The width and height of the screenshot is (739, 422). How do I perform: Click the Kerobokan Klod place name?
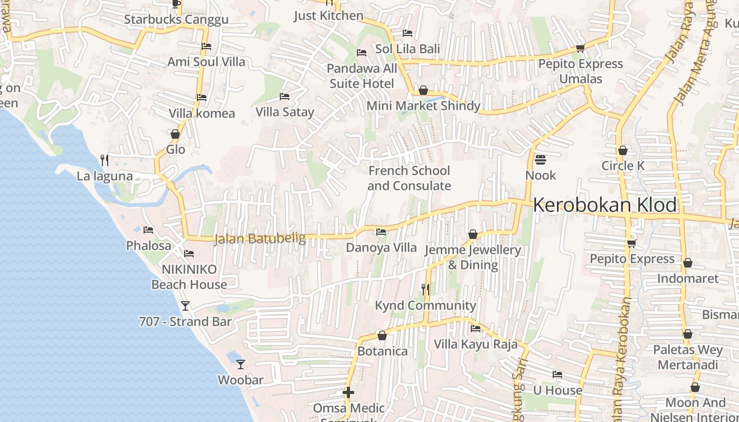(604, 205)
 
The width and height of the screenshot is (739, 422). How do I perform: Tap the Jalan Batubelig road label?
(260, 238)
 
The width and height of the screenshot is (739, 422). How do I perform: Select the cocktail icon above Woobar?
(241, 364)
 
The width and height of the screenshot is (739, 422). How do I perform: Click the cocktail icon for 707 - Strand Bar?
(185, 305)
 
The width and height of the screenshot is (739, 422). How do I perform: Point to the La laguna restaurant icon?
(105, 159)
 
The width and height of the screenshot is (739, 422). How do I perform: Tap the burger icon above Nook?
(541, 159)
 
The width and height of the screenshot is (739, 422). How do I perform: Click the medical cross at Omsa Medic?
(348, 392)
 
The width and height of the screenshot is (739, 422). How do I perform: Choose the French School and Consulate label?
(409, 178)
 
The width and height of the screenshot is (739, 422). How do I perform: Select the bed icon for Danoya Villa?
(381, 232)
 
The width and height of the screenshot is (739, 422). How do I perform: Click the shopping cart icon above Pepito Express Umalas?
(580, 49)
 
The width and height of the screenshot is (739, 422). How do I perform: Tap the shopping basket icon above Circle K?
(623, 150)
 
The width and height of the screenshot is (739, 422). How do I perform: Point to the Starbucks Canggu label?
(176, 20)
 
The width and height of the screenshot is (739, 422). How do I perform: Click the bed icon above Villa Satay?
(285, 97)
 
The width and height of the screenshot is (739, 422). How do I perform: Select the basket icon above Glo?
(175, 135)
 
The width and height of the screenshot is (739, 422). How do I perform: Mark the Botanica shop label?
(383, 351)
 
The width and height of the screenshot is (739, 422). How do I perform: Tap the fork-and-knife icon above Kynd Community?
(425, 289)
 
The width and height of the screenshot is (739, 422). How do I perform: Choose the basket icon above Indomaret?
(688, 263)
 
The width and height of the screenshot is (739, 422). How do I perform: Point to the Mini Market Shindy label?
(423, 105)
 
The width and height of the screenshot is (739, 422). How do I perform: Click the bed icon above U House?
(557, 375)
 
